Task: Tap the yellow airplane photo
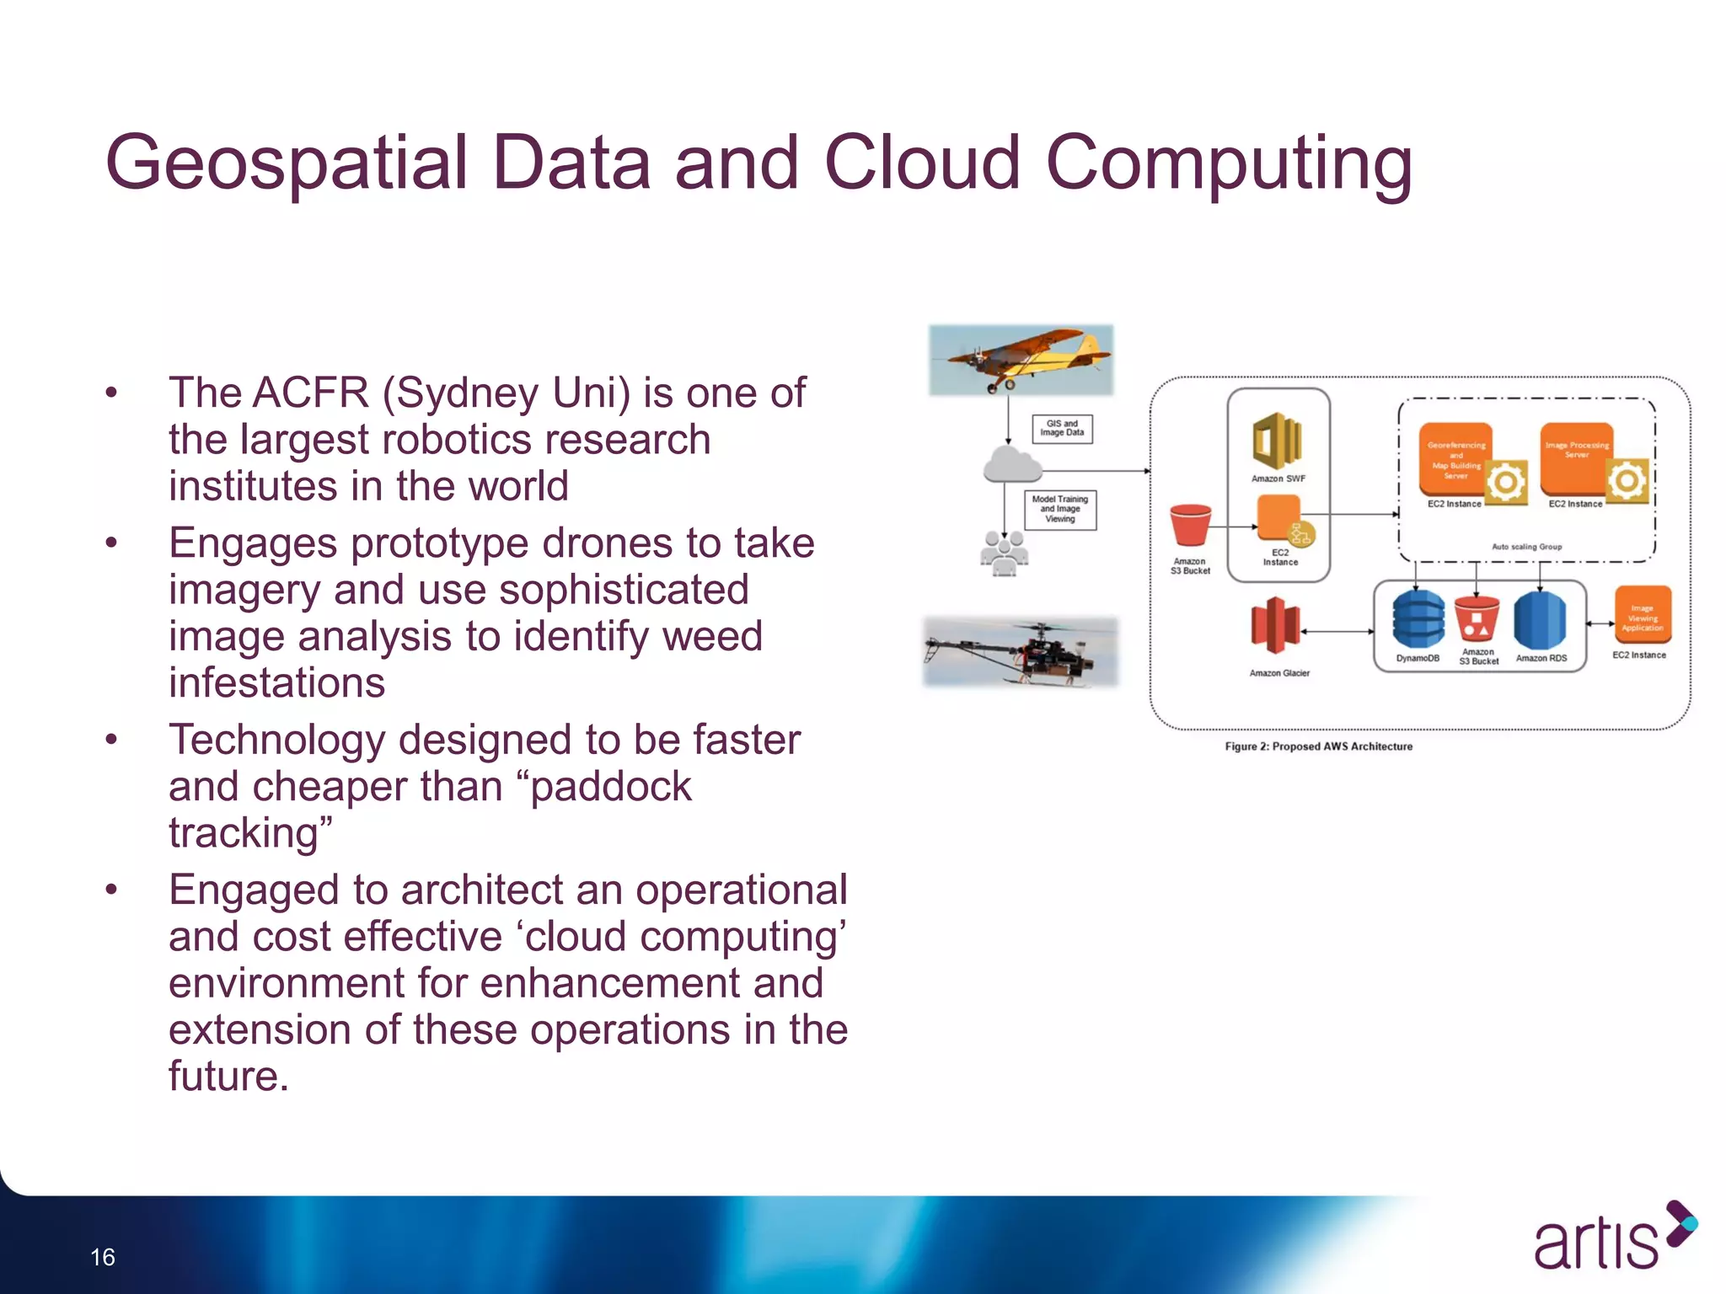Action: pos(1021,360)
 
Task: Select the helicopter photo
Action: pos(1021,651)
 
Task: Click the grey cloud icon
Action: pos(1011,464)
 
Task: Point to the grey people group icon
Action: pos(1004,554)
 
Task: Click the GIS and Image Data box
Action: pos(1062,429)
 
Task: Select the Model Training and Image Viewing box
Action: pos(1060,510)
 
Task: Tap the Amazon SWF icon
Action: pos(1277,441)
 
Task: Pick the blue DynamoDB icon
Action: pos(1418,619)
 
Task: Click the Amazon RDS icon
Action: pos(1540,619)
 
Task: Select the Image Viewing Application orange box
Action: pos(1643,615)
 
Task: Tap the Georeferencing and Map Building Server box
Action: pos(1456,459)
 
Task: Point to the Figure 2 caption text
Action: pos(1318,746)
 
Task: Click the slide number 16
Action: pos(103,1257)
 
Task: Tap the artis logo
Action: pos(1611,1238)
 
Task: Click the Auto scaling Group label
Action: pos(1526,547)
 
